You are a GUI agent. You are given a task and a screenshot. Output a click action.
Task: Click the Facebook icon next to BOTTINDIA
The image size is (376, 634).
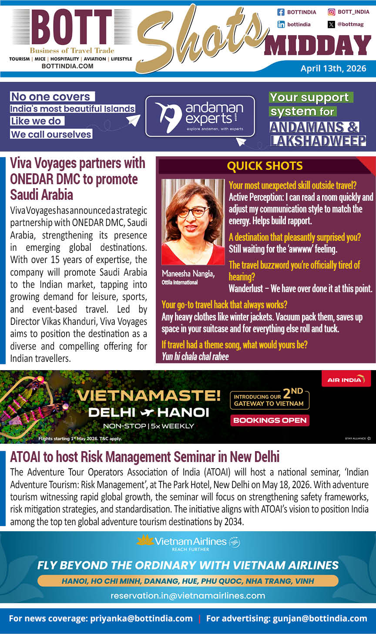[281, 12]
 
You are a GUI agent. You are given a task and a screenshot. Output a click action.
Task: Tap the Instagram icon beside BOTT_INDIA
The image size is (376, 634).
[331, 12]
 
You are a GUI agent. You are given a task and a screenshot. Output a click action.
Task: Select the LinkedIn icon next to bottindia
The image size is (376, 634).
[281, 24]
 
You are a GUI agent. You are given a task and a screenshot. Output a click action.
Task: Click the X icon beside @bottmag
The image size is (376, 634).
[331, 24]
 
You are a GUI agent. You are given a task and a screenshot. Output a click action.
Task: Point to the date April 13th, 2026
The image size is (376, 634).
[333, 68]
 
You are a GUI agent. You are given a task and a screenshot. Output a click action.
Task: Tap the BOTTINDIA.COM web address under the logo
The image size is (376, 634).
[67, 66]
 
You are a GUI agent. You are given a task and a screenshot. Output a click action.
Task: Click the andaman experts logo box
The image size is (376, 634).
[200, 116]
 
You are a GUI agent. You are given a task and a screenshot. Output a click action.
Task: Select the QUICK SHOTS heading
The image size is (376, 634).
[265, 166]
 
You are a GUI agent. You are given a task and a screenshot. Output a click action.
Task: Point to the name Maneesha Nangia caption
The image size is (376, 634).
[188, 274]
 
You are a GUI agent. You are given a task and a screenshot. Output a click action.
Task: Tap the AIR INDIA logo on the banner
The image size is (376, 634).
[346, 379]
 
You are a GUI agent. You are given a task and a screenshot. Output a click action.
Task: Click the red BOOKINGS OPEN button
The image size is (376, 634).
[269, 420]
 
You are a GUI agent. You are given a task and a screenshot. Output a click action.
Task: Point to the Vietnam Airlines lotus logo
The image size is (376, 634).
[145, 540]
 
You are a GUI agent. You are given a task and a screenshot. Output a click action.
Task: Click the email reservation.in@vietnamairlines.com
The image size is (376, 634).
[188, 595]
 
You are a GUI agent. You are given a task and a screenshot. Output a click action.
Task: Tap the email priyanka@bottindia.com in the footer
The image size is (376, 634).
[141, 618]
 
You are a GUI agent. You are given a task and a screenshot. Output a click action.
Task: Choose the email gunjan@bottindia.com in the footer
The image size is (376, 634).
[320, 618]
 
